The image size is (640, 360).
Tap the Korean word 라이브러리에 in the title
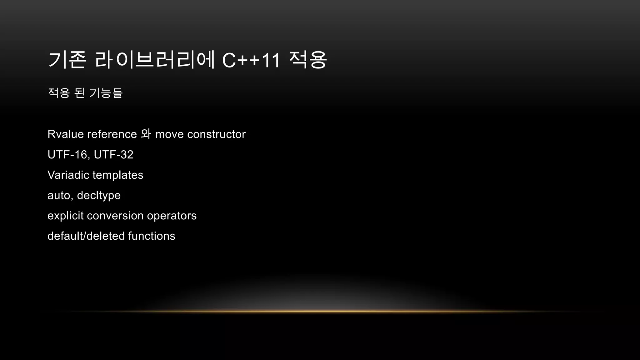coord(155,60)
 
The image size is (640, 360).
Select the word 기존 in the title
coord(67,60)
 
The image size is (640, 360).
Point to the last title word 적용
coord(308,60)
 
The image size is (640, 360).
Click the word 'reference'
coord(112,134)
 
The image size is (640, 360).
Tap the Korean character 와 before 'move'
coord(146,134)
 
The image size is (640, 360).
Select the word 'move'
coord(169,134)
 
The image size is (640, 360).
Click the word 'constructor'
coord(216,134)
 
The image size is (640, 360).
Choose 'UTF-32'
coord(113,155)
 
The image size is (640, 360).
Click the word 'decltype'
coord(99,196)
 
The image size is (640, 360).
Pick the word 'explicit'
coord(66,216)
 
